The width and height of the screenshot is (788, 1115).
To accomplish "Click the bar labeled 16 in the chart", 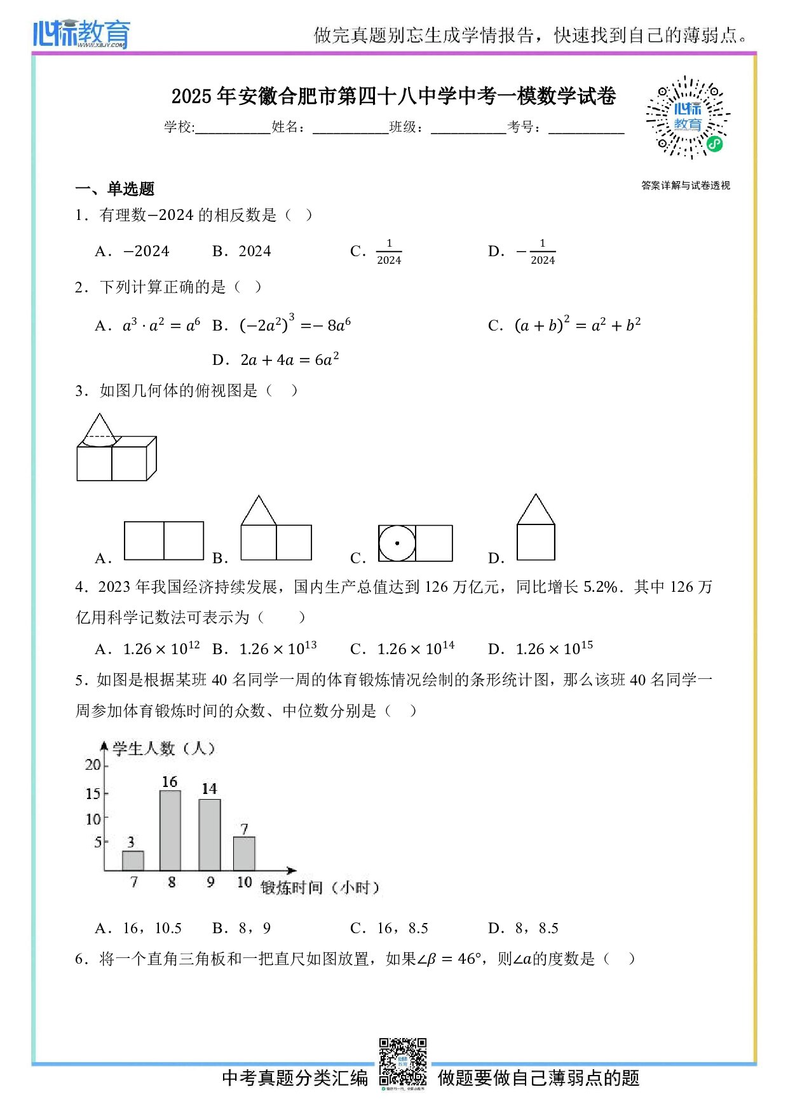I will click(170, 830).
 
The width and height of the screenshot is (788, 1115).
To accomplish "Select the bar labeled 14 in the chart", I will click(210, 835).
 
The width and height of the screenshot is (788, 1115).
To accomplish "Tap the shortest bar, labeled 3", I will click(133, 860).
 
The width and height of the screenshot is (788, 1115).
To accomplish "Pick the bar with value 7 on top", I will click(244, 853).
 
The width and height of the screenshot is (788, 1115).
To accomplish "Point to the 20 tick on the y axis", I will click(93, 765).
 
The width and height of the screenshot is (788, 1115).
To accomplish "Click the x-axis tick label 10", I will click(245, 882).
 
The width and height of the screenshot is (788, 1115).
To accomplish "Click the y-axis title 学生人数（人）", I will click(163, 748).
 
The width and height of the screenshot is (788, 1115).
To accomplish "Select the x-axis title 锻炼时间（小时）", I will click(320, 887).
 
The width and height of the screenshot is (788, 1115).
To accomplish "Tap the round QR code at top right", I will click(688, 118).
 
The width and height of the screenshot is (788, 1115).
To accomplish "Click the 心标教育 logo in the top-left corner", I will click(81, 34).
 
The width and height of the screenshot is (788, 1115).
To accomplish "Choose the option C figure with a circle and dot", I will click(415, 543).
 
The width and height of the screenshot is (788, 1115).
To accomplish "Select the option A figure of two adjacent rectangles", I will click(164, 540).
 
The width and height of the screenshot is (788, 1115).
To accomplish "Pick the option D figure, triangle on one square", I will click(536, 528).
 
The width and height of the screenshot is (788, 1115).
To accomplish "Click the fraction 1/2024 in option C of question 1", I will click(389, 252).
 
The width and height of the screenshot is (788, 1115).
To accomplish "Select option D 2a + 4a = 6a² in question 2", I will click(289, 360).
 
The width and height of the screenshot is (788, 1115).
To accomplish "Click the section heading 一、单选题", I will click(115, 189).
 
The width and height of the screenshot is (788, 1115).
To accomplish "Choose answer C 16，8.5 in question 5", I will click(402, 928).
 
